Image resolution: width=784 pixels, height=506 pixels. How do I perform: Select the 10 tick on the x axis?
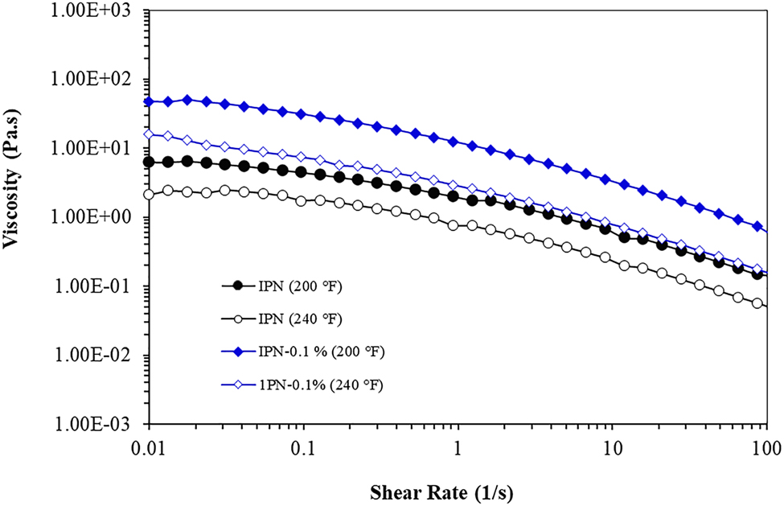pos(612,446)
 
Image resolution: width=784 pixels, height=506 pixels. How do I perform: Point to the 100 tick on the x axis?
pos(766,446)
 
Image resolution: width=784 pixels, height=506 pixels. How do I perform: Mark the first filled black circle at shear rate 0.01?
pos(148,162)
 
